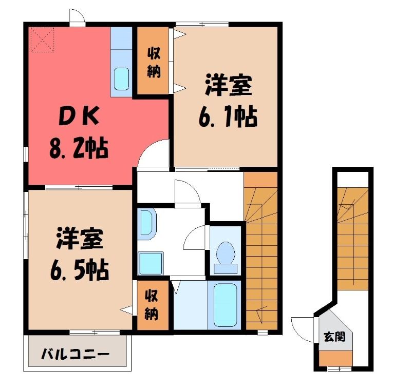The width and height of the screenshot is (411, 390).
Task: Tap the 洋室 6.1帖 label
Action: coord(228,101)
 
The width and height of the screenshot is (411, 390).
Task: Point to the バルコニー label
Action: coord(75,355)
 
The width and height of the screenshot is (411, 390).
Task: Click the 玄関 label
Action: coord(334,337)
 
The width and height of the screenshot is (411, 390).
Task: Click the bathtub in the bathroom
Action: coord(226,305)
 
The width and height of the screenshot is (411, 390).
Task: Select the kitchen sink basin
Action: coord(122,79)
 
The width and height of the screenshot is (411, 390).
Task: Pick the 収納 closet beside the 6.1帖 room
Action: coord(153,61)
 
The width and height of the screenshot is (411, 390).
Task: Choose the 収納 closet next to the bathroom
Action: coord(153,305)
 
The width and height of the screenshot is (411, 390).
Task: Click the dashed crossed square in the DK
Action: coord(43,40)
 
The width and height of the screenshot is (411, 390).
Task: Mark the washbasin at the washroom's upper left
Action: coord(147,224)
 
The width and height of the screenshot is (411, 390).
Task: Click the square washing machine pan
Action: coord(151,263)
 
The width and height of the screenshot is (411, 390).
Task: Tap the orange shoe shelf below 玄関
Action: coord(335,358)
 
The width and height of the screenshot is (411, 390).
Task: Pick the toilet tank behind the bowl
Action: coord(226,269)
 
